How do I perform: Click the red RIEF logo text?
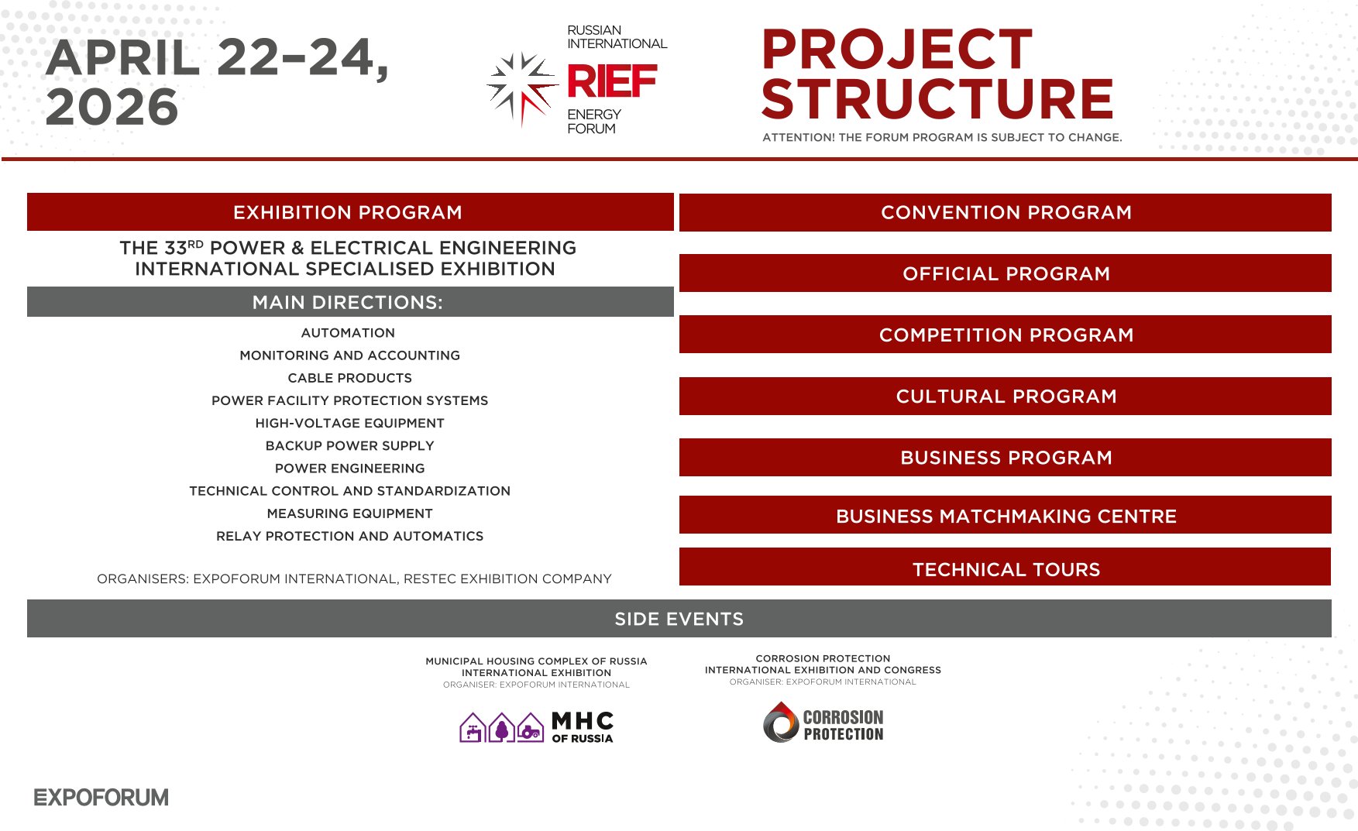(612, 81)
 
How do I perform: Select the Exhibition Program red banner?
(350, 211)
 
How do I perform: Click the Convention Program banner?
(1006, 212)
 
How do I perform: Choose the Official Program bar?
(1006, 273)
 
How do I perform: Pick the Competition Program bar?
(1006, 335)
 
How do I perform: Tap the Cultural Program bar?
(1006, 396)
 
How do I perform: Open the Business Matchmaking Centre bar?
(1006, 516)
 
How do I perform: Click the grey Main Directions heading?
(350, 302)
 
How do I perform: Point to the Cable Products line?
(350, 378)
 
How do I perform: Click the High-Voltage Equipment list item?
(350, 423)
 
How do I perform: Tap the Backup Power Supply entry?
(350, 445)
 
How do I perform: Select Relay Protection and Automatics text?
(350, 536)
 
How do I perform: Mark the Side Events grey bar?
(679, 619)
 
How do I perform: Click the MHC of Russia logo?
(536, 727)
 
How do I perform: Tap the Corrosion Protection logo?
(823, 723)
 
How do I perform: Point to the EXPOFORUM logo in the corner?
(101, 798)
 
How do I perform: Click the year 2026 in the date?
(112, 106)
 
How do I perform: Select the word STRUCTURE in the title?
(937, 99)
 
